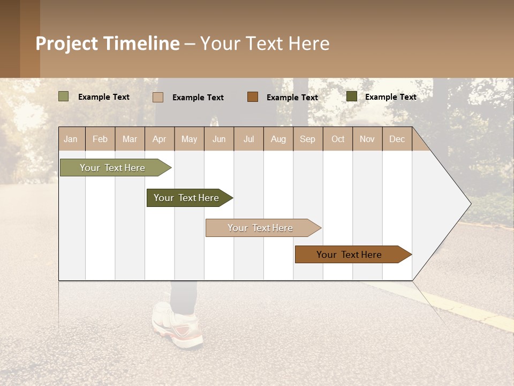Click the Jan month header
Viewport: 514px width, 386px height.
[71, 139]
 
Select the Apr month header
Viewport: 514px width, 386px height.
[159, 139]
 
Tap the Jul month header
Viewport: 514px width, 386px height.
[248, 139]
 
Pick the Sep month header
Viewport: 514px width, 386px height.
[307, 139]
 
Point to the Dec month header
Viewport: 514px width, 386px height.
[397, 139]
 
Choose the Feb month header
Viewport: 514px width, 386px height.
[100, 139]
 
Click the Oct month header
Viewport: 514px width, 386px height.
[338, 139]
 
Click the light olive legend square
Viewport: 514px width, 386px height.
[63, 96]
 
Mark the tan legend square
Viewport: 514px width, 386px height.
[157, 97]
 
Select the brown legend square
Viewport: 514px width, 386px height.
[252, 96]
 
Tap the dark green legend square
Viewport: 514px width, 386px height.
[351, 96]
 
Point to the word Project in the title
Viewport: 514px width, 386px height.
[67, 43]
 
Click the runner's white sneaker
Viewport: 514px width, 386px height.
[177, 324]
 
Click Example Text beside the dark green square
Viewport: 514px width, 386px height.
[390, 97]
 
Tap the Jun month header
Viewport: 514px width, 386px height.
[219, 139]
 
